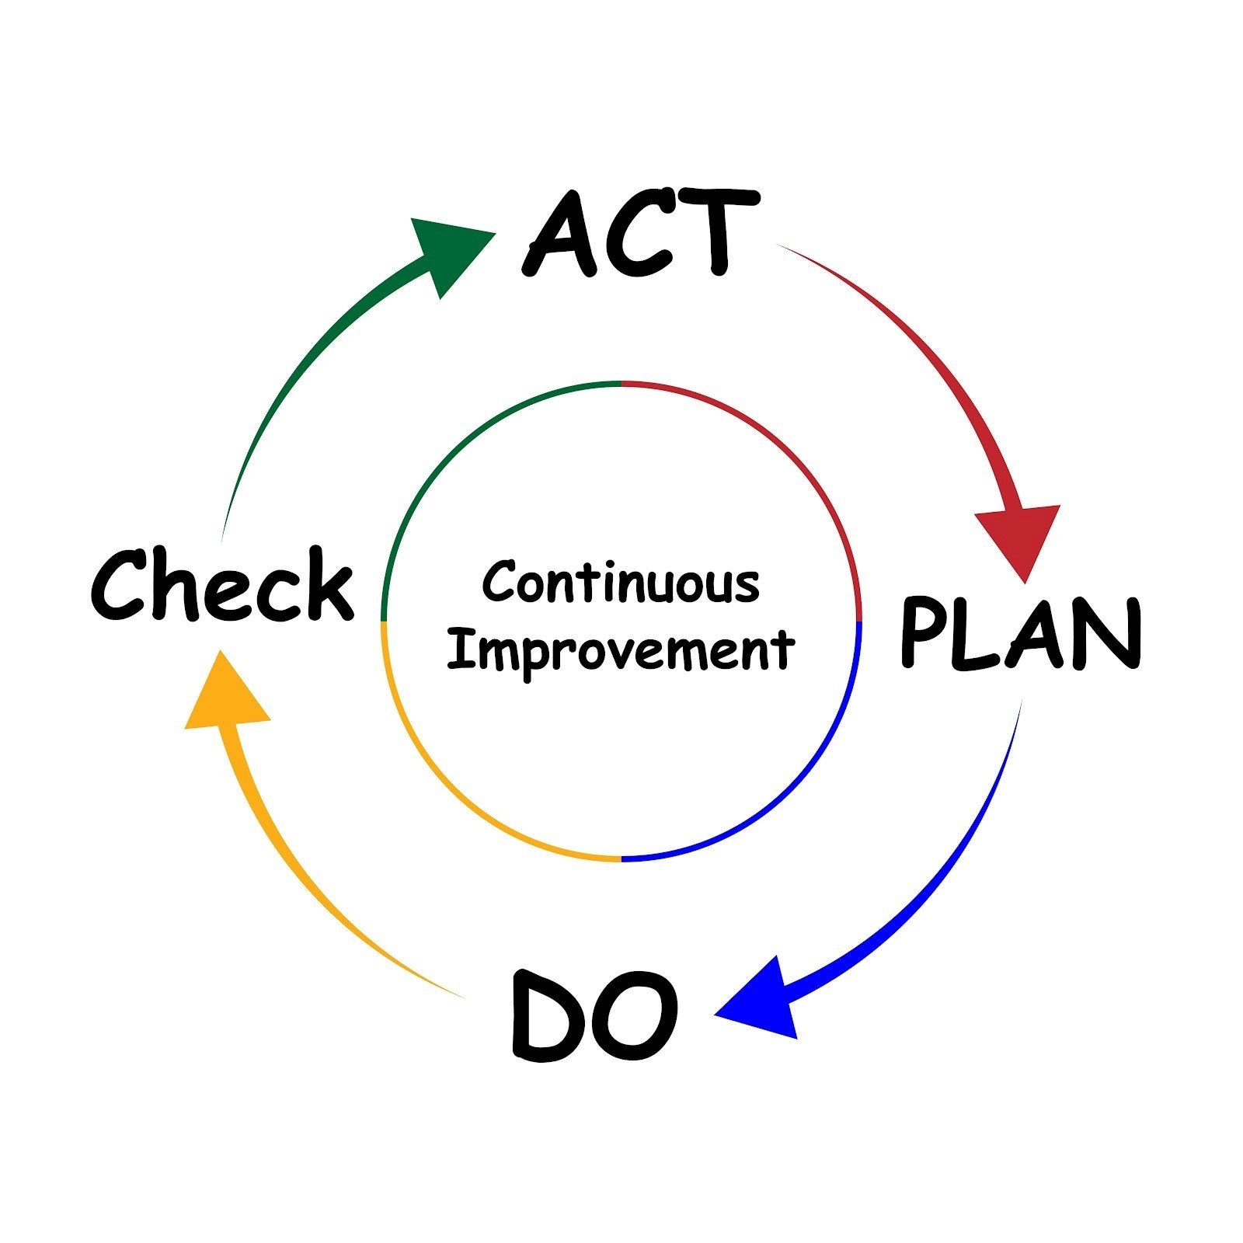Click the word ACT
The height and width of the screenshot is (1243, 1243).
click(641, 233)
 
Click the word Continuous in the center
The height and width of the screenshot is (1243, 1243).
click(621, 583)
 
